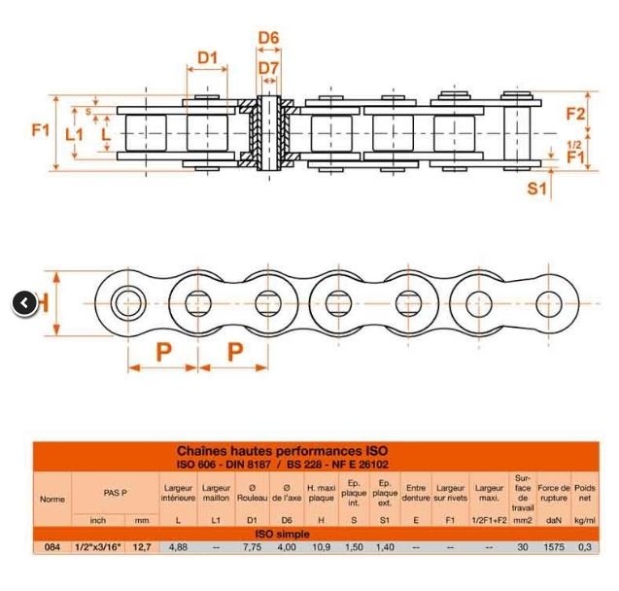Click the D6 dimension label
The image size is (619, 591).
(x=268, y=38)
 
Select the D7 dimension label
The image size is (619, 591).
(x=268, y=68)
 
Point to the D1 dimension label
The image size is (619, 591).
(x=208, y=57)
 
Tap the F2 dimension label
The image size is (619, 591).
(x=575, y=114)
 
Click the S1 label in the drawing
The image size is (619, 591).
(x=536, y=189)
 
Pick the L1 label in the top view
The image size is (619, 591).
(x=74, y=134)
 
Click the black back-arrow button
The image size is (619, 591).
(x=25, y=303)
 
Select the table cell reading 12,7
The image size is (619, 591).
(x=142, y=547)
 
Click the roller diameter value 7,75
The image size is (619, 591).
(x=252, y=547)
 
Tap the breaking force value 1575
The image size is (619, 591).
(x=554, y=547)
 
